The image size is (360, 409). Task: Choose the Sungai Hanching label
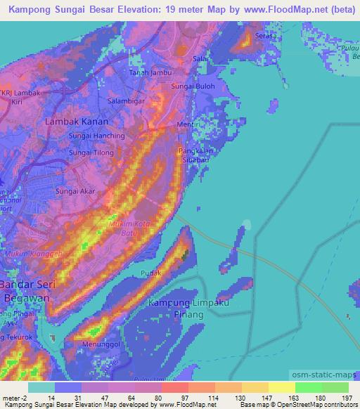tap(96, 135)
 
